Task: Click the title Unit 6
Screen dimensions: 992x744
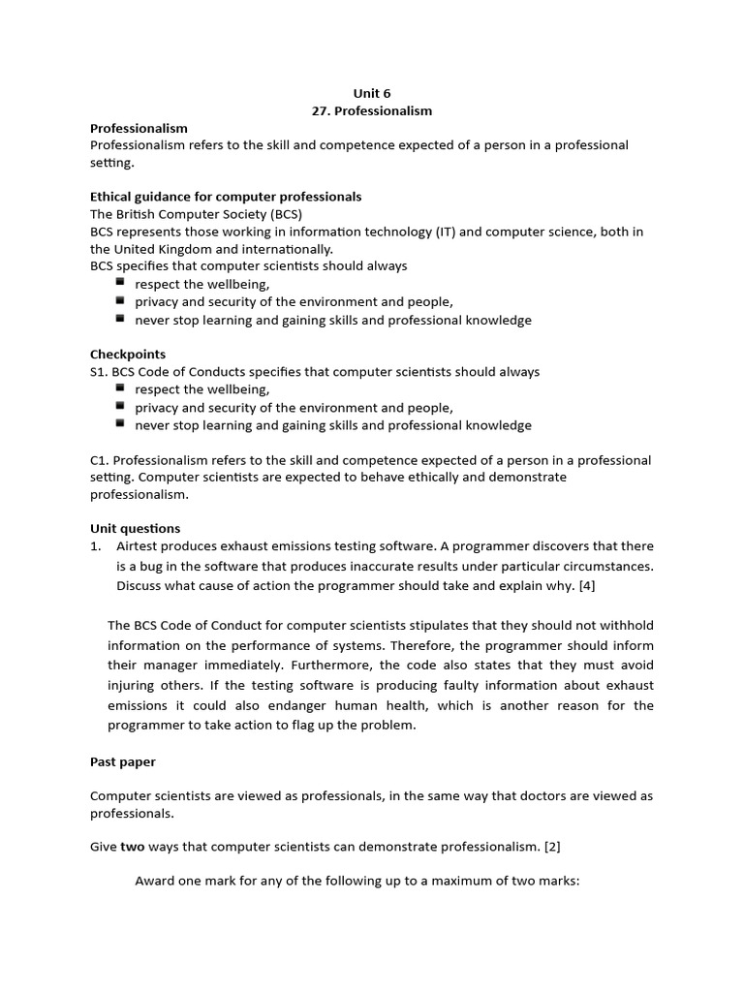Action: [x=372, y=93]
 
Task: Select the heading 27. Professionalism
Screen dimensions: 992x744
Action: [x=372, y=110]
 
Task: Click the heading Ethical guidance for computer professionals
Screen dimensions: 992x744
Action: [x=226, y=197]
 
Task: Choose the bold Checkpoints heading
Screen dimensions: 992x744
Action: [x=128, y=355]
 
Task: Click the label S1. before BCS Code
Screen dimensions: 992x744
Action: [x=99, y=372]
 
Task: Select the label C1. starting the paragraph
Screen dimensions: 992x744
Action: [x=100, y=460]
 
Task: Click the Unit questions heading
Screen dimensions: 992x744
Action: [x=135, y=529]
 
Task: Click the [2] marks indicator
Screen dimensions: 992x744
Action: [x=552, y=847]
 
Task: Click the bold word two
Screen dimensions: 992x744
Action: [x=132, y=847]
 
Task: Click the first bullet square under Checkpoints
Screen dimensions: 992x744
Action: [x=120, y=388]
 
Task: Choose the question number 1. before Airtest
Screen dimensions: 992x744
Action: [x=96, y=546]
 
